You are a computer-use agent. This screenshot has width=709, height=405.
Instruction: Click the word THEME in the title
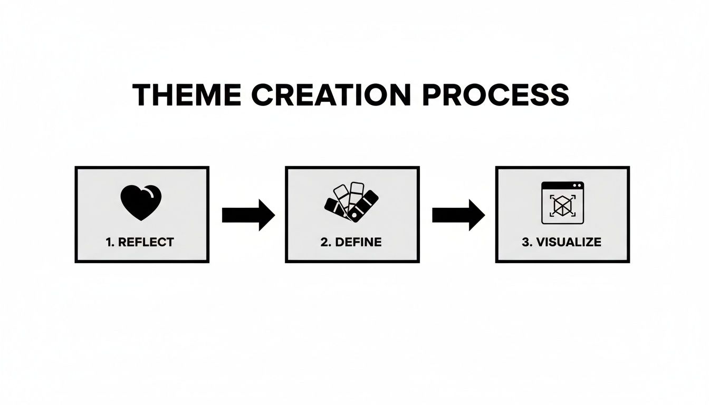pyautogui.click(x=187, y=95)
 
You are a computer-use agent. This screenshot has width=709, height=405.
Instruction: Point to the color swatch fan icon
pyautogui.click(x=351, y=202)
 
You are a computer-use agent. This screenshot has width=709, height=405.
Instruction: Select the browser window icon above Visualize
pyautogui.click(x=563, y=202)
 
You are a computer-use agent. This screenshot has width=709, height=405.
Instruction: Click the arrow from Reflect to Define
pyautogui.click(x=248, y=215)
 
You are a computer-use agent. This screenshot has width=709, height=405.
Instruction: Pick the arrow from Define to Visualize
pyautogui.click(x=458, y=215)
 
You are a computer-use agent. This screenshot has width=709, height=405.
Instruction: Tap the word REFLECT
pyautogui.click(x=146, y=243)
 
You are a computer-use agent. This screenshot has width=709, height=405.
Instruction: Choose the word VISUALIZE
pyautogui.click(x=568, y=243)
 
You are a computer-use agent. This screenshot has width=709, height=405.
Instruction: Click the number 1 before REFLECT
pyautogui.click(x=108, y=243)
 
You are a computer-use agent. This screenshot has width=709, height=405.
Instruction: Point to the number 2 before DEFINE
pyautogui.click(x=323, y=243)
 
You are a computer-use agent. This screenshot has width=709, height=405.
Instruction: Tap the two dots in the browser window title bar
pyautogui.click(x=578, y=186)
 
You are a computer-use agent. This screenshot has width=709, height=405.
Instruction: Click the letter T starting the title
pyautogui.click(x=141, y=95)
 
